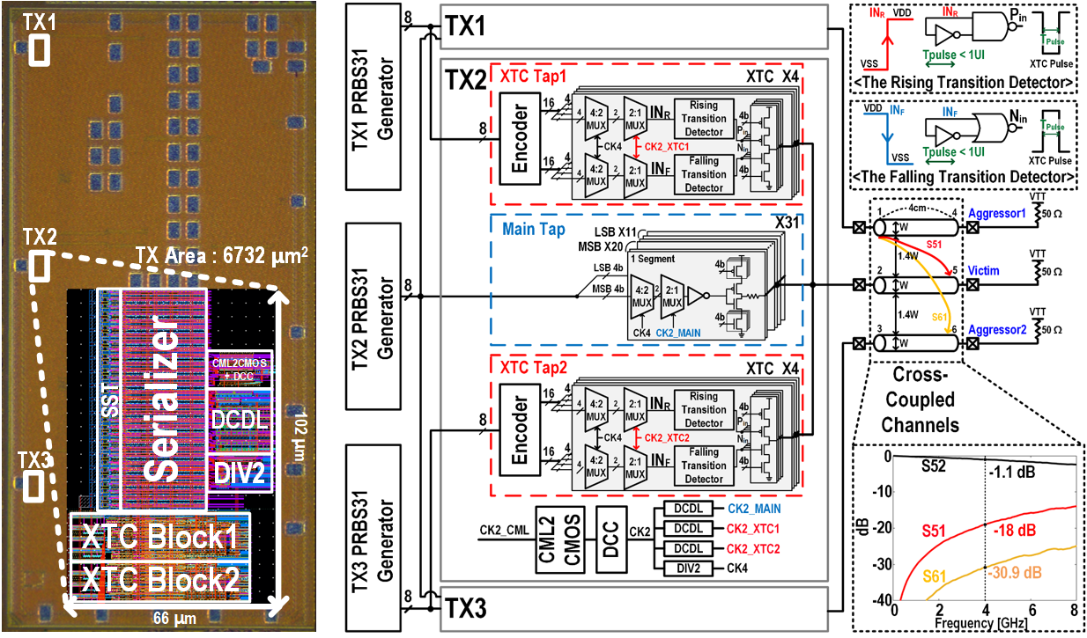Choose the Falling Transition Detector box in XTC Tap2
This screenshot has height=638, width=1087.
[x=704, y=465]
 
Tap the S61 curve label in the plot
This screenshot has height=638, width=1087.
[x=936, y=576]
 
